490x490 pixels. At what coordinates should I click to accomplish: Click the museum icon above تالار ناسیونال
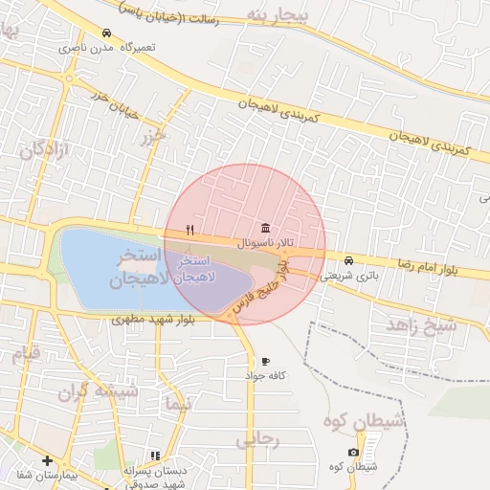[x=264, y=228]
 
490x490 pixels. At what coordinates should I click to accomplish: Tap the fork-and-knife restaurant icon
[x=190, y=230]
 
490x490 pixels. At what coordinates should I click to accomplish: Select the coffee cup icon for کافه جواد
[x=265, y=361]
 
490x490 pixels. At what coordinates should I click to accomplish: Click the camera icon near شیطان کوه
[x=353, y=452]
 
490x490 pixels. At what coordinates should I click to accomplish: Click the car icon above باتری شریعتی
[x=347, y=260]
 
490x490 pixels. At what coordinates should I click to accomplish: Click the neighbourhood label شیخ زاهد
[x=422, y=325]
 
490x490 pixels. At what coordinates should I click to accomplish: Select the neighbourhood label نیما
[x=174, y=405]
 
